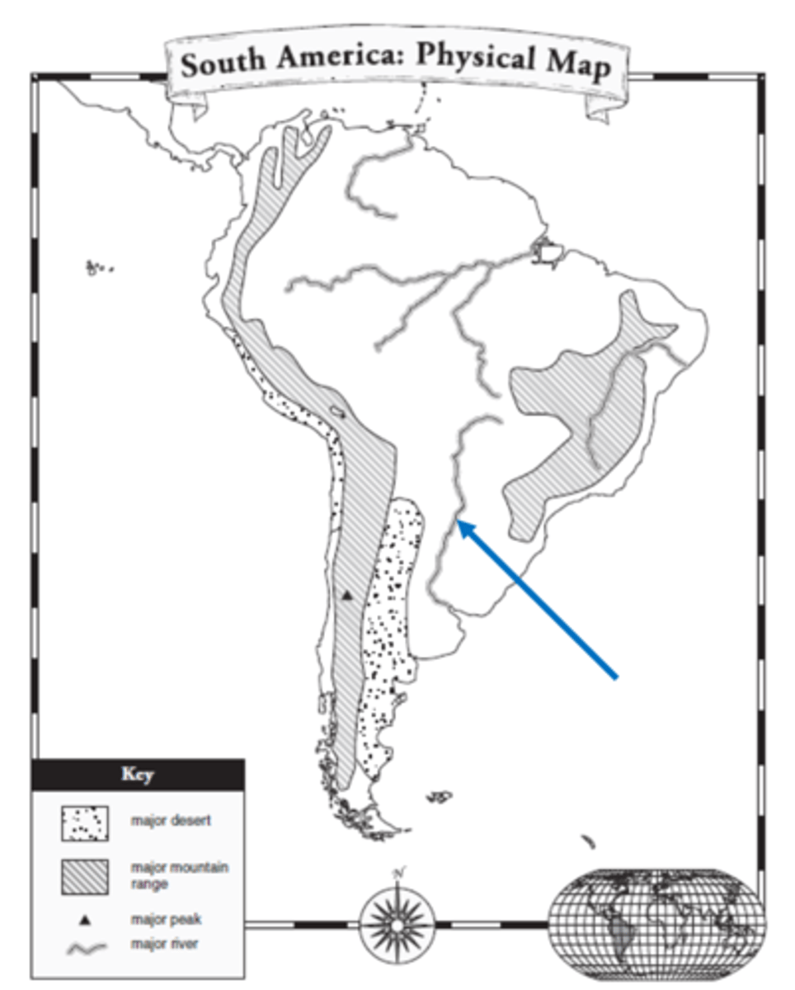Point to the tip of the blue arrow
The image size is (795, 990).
click(x=459, y=522)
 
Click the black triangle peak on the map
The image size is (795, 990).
click(x=347, y=594)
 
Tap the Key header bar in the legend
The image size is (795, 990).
click(x=138, y=775)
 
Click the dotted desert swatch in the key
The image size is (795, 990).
click(x=85, y=822)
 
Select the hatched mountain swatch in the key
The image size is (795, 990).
click(x=85, y=876)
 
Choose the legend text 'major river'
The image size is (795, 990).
click(x=163, y=944)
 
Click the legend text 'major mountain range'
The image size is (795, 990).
click(x=179, y=874)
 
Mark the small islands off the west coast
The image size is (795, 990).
click(x=99, y=267)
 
